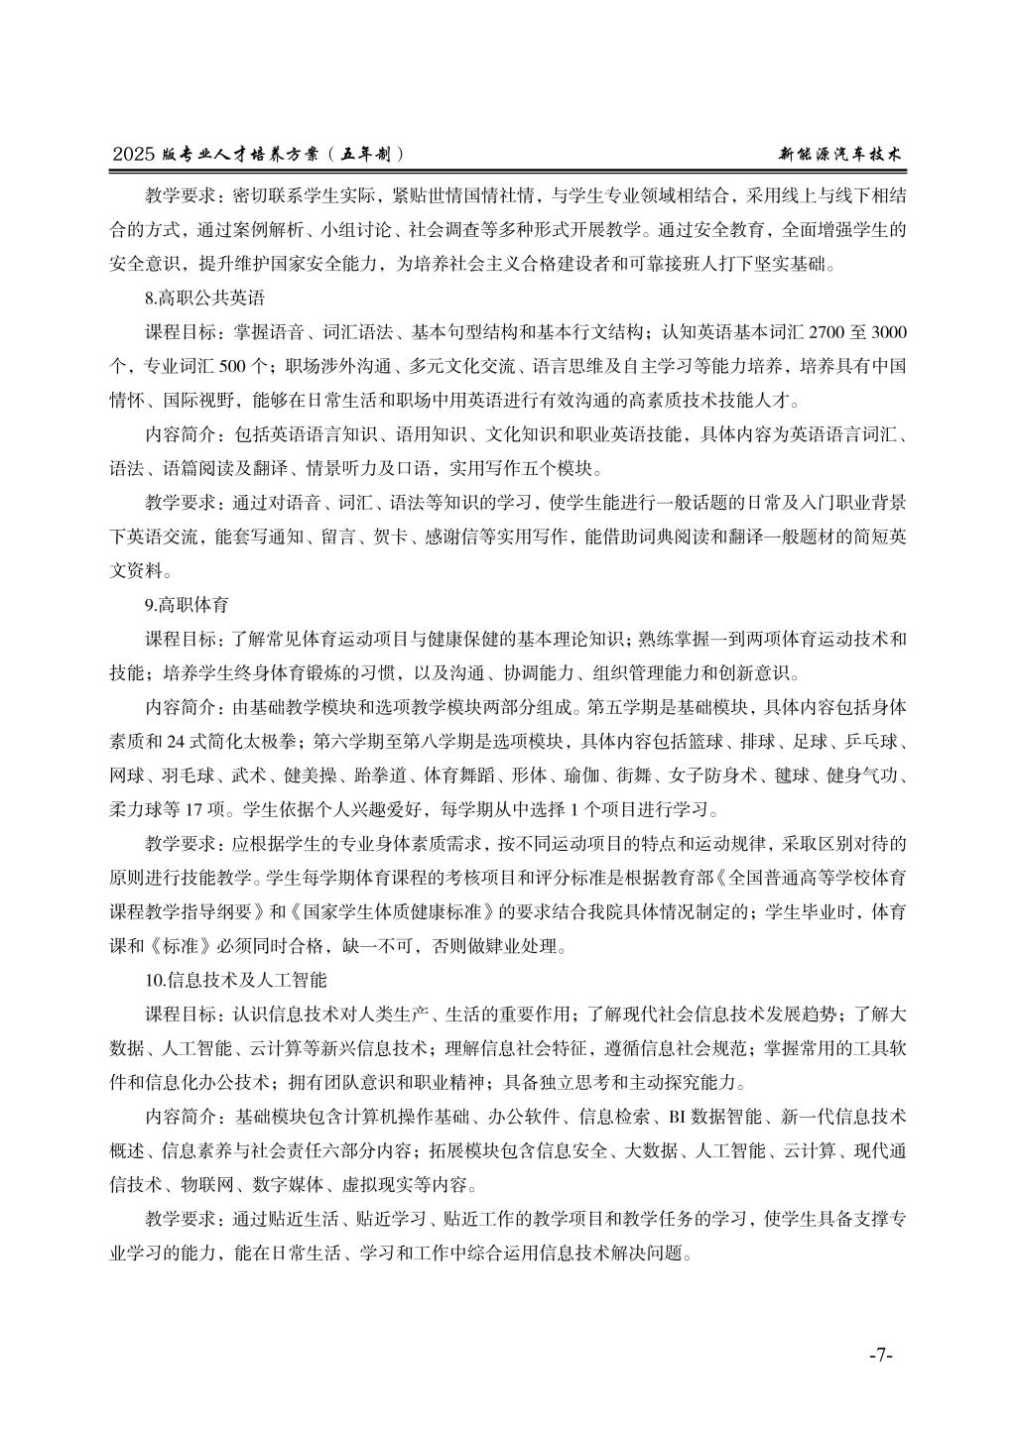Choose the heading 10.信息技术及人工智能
(x=235, y=981)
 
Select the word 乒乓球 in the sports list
(x=874, y=741)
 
